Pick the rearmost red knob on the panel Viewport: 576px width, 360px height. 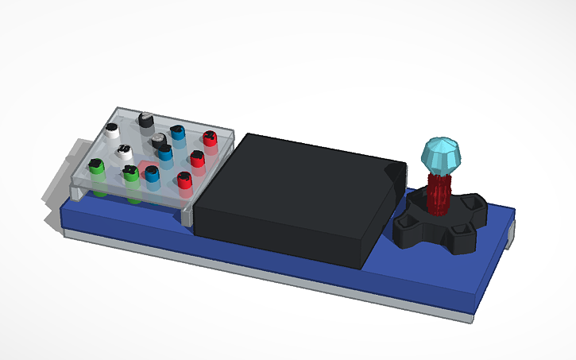pos(210,140)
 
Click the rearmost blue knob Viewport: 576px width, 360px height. pos(178,134)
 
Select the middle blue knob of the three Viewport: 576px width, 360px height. pos(165,151)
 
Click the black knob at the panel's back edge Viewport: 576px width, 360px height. pos(145,120)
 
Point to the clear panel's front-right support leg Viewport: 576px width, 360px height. pos(187,213)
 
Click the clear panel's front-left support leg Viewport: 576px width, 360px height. pos(75,191)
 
